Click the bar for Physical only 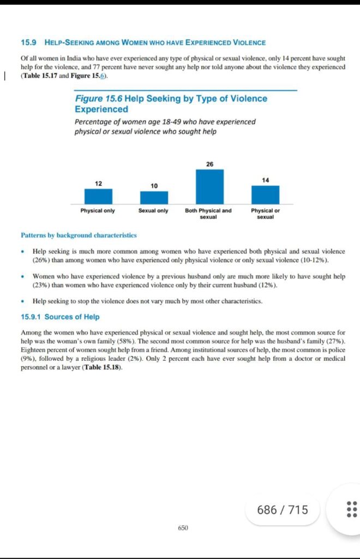click(98, 197)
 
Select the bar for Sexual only click(154, 198)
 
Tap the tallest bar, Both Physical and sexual click(210, 187)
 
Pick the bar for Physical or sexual click(265, 195)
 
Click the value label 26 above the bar click(210, 164)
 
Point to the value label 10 click(154, 186)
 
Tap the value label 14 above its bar click(266, 180)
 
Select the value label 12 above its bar click(99, 183)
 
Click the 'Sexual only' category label click(153, 211)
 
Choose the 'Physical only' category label click(98, 211)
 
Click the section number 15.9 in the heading click(28, 43)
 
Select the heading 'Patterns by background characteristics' click(79, 235)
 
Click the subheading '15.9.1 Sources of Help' click(60, 317)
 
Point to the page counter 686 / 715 click(283, 510)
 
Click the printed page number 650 click(183, 528)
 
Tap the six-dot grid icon click(352, 509)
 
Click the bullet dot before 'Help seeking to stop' click(22, 301)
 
